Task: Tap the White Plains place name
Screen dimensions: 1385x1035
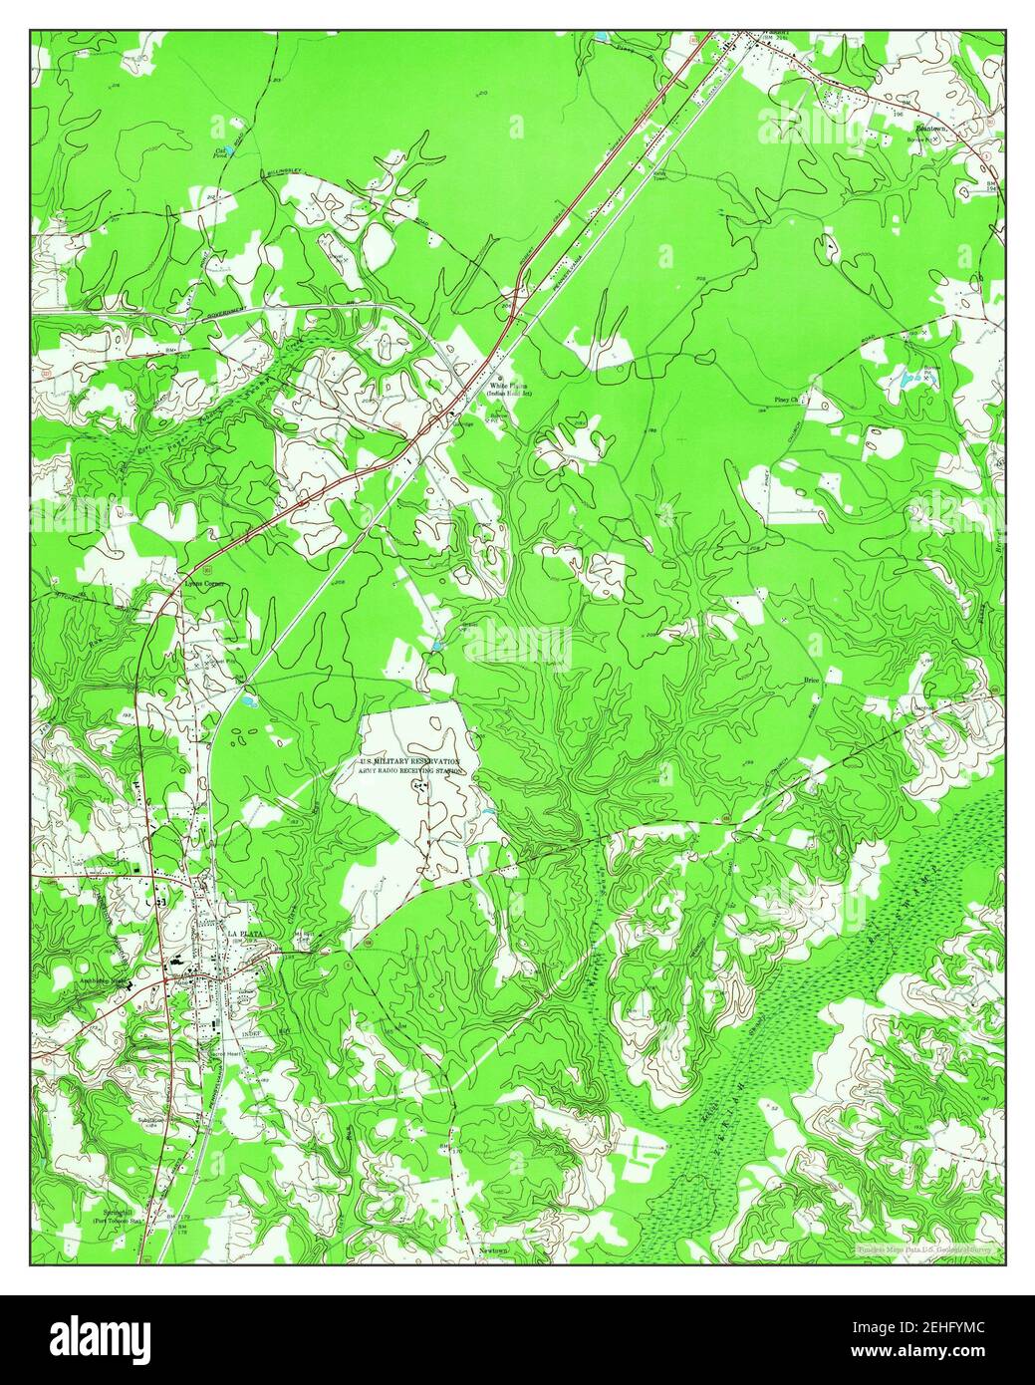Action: [x=508, y=385]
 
